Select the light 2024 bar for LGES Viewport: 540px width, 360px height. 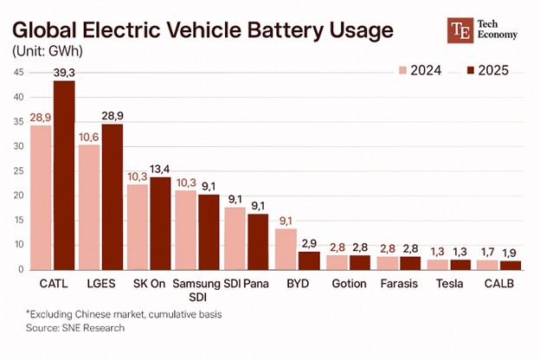pos(89,207)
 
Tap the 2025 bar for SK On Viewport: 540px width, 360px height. pos(160,223)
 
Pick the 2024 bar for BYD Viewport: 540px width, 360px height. pos(286,248)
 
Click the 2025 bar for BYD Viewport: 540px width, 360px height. pos(309,260)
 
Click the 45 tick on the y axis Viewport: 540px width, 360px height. pos(18,72)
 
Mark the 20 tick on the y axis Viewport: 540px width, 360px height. pos(18,196)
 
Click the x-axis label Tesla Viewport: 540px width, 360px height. pos(449,284)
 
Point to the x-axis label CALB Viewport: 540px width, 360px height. pos(499,284)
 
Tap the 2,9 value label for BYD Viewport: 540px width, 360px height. pos(310,242)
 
